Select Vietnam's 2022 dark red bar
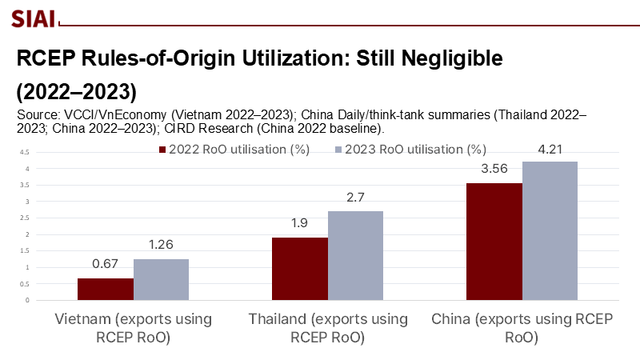pyautogui.click(x=106, y=290)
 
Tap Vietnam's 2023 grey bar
pyautogui.click(x=162, y=280)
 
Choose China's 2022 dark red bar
pyautogui.click(x=494, y=242)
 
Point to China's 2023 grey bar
pyautogui.click(x=550, y=231)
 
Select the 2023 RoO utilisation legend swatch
pyautogui.click(x=338, y=150)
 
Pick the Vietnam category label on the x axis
pyautogui.click(x=134, y=328)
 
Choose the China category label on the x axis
pyautogui.click(x=522, y=328)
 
